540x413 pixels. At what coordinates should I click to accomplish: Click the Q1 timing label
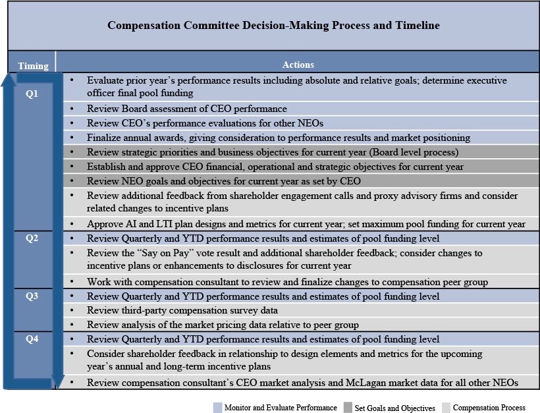[32, 94]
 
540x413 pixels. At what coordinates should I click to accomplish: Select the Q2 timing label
[32, 238]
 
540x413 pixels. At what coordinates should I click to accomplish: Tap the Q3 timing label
[32, 296]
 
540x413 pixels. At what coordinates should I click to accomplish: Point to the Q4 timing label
[32, 339]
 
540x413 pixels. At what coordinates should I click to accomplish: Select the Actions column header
[298, 65]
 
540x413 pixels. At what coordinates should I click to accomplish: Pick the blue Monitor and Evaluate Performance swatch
[218, 408]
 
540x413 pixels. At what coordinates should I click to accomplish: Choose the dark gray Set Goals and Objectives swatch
[348, 408]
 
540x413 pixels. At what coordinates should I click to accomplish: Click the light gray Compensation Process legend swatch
[446, 408]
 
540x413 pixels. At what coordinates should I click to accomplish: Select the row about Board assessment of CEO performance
[187, 109]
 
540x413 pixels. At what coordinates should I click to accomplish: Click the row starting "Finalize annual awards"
[279, 138]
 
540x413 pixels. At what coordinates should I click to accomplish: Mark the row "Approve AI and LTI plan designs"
[306, 224]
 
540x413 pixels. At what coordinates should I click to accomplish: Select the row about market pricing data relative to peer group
[223, 325]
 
